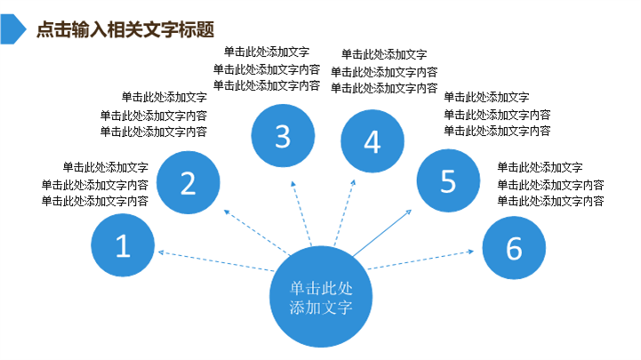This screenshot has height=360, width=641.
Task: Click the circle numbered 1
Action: pyautogui.click(x=123, y=246)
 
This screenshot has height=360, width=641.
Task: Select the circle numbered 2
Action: pyautogui.click(x=188, y=182)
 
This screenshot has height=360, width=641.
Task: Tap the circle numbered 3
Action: pyautogui.click(x=282, y=136)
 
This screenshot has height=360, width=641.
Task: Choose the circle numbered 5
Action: pyautogui.click(x=447, y=180)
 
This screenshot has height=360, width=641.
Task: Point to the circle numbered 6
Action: pyautogui.click(x=514, y=248)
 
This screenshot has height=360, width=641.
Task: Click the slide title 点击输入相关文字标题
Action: pyautogui.click(x=125, y=29)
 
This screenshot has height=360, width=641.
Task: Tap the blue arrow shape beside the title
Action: pyautogui.click(x=12, y=28)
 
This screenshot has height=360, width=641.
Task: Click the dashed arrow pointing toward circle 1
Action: pyautogui.click(x=213, y=260)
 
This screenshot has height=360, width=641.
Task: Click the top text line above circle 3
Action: pyautogui.click(x=267, y=52)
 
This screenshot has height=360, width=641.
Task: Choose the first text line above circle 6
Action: pyautogui.click(x=540, y=167)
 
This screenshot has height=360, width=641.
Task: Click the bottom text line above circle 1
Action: pyautogui.click(x=94, y=201)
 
